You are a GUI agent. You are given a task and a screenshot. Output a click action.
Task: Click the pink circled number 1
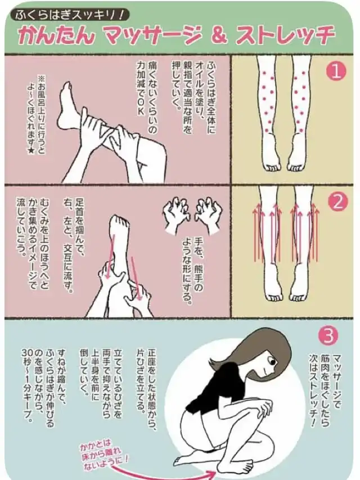(336, 71)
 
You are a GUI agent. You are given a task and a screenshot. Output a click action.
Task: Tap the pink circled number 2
(337, 203)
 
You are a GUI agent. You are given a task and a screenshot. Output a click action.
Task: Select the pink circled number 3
(328, 335)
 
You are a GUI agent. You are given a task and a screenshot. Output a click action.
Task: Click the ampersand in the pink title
(218, 36)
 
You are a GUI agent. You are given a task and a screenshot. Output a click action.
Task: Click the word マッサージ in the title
(152, 36)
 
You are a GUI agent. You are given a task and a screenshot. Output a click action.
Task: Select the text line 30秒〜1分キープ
(26, 385)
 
